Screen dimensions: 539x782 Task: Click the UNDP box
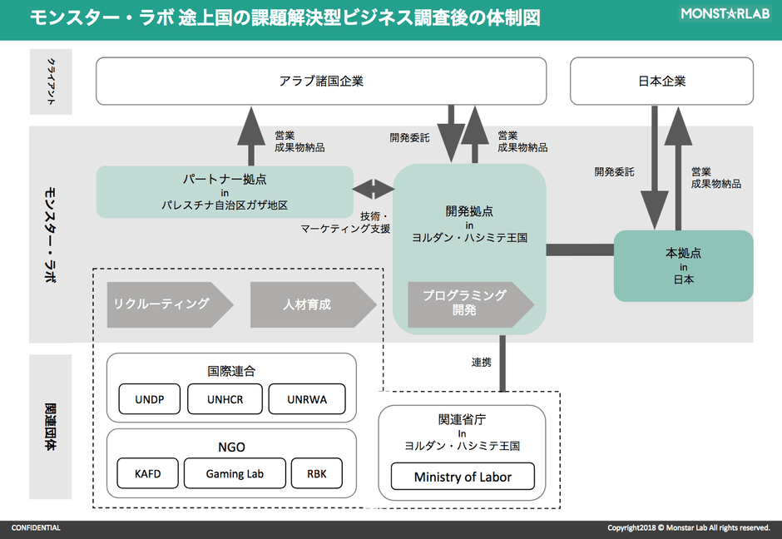click(150, 399)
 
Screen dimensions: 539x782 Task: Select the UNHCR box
click(225, 399)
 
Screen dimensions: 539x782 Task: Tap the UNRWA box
click(307, 399)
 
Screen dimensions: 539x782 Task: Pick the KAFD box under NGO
click(147, 474)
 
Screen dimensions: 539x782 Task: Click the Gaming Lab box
click(235, 474)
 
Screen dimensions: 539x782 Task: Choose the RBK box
click(316, 474)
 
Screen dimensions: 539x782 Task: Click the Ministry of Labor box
click(463, 477)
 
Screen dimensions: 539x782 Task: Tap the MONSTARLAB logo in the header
click(725, 13)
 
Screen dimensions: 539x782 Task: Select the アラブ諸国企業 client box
click(321, 81)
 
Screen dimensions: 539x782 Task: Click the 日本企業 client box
click(661, 81)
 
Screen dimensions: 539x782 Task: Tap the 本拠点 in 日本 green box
click(682, 266)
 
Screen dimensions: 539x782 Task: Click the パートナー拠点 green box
click(225, 191)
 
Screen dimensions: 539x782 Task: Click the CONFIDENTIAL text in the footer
click(36, 528)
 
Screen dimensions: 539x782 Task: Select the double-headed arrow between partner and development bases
click(374, 189)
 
